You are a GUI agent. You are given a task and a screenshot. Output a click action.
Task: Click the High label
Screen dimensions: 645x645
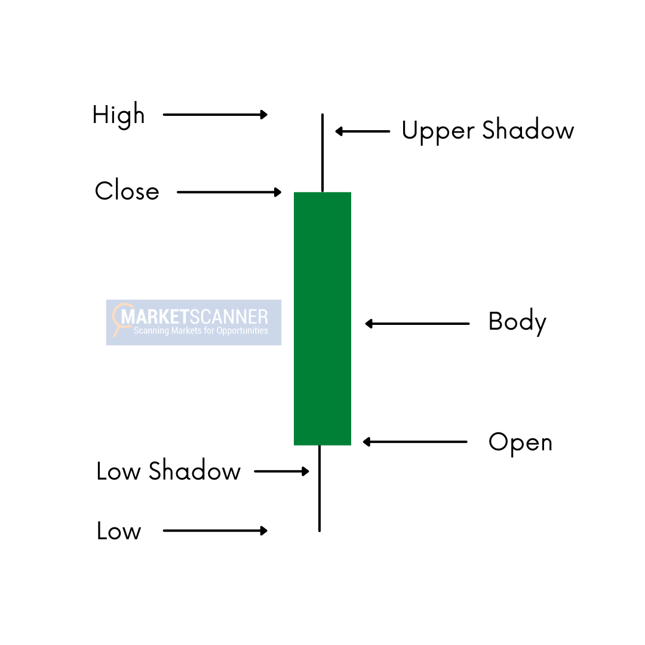[x=119, y=115]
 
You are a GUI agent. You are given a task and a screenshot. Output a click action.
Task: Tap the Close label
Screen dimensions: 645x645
[x=127, y=191]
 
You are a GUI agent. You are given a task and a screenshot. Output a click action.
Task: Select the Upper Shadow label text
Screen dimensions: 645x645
[x=487, y=130]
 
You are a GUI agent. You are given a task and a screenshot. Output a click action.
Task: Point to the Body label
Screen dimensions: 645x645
[x=517, y=322]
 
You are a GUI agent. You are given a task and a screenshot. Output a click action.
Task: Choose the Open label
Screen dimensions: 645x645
[x=520, y=443]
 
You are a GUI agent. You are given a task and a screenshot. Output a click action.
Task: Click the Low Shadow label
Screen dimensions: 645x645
[x=168, y=471]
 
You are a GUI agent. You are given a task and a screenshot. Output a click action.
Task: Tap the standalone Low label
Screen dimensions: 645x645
[x=119, y=531]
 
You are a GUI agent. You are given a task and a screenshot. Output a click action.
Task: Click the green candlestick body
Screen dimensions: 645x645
[x=322, y=318]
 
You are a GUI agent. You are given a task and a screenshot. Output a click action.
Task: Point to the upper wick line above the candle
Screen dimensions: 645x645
[x=322, y=153]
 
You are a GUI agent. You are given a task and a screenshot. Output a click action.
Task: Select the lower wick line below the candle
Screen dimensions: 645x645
[x=320, y=488]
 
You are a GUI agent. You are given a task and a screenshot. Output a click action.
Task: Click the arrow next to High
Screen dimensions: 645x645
[x=215, y=115]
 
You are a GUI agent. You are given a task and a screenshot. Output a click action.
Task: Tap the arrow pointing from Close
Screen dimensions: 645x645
[x=229, y=192]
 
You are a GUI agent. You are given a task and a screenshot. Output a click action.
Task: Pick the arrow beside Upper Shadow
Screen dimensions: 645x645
[x=363, y=131]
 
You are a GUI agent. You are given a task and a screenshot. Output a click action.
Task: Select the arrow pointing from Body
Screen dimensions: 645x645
[x=417, y=324]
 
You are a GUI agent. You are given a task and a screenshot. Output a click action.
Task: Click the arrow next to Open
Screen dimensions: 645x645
[x=415, y=442]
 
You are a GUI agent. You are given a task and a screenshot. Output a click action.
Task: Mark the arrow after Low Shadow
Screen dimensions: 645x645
[x=281, y=471]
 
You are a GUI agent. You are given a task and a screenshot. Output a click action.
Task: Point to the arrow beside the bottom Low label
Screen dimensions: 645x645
[x=215, y=530]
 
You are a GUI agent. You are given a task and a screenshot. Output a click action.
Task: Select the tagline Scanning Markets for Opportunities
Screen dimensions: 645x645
[x=201, y=331]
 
